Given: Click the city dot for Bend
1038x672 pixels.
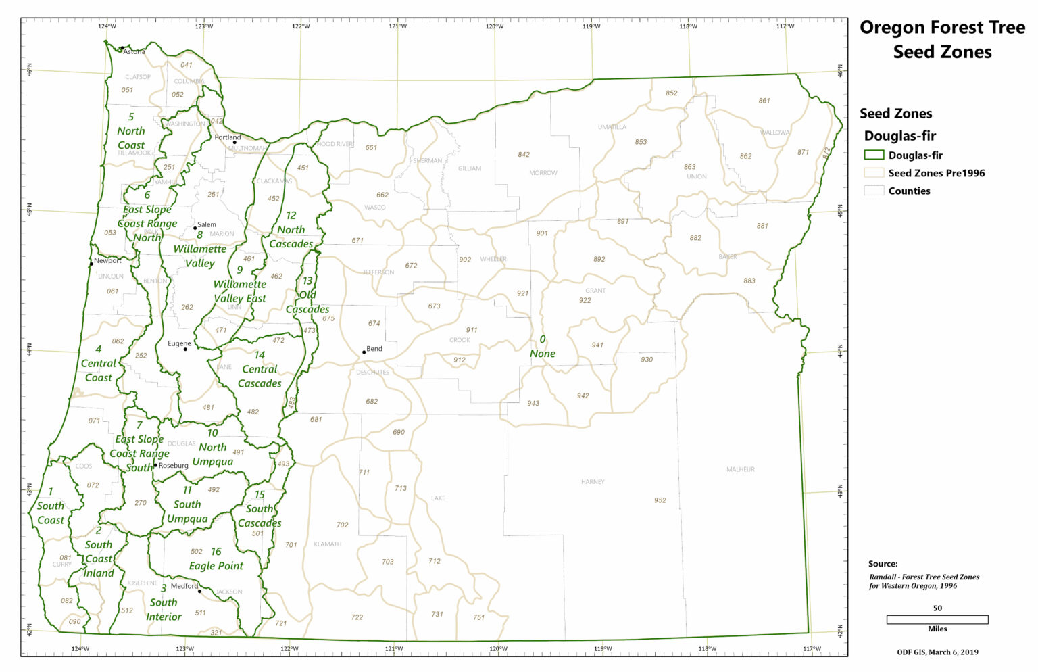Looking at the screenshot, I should tap(364, 352).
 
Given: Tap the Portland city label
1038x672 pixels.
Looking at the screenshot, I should tap(227, 137).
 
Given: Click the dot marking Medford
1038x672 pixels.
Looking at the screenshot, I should tap(199, 591).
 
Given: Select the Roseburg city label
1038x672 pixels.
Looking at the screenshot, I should tap(173, 465).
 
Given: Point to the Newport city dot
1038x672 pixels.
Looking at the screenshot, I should tap(91, 264).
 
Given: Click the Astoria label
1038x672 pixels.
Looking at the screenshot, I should tap(134, 51).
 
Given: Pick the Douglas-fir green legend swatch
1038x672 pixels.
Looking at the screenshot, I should tap(874, 155).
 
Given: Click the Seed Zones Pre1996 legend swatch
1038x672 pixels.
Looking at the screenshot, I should tap(874, 173).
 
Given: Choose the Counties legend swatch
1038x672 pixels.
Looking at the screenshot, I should tap(874, 191).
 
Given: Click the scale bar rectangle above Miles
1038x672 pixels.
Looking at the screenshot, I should tap(937, 619).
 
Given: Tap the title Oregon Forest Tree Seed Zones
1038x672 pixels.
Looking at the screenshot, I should tap(942, 40).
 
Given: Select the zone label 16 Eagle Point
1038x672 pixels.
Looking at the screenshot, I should tap(216, 559).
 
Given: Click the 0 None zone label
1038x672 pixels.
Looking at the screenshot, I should tap(543, 347).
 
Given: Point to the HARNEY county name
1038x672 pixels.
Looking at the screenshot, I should tap(593, 482).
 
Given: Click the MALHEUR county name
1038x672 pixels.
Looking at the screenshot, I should tap(741, 469).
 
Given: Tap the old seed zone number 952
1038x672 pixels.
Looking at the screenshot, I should tap(660, 500).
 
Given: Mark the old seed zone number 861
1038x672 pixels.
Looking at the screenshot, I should tap(764, 101).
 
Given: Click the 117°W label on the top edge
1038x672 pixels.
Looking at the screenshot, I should tap(785, 26).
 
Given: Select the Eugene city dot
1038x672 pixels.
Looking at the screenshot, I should tap(185, 349).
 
